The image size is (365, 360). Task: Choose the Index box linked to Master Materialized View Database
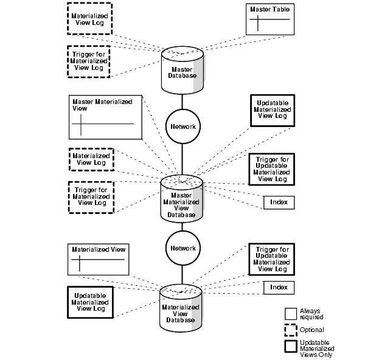[x=279, y=202]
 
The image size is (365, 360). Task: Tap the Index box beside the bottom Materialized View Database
[x=279, y=288]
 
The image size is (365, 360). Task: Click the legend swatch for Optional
[x=291, y=330]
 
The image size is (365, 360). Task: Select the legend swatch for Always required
[x=291, y=313]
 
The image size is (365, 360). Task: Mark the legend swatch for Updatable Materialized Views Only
[x=291, y=347]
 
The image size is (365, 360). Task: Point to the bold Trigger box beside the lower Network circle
[x=273, y=259]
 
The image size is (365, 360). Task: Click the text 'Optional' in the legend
[x=312, y=330]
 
